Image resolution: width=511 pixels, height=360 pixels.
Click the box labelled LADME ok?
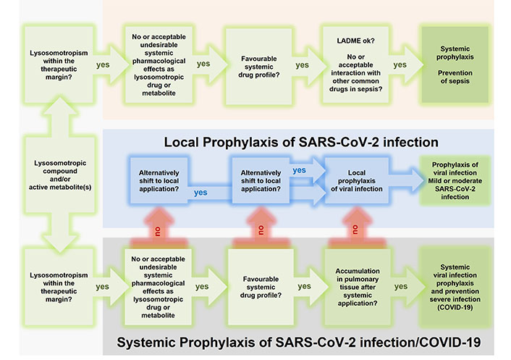coord(355,65)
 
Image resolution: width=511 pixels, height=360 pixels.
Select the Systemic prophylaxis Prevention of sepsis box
coord(455,65)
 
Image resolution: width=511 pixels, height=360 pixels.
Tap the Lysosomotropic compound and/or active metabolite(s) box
coord(60,175)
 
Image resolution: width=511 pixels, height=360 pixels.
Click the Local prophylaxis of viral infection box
coord(357,180)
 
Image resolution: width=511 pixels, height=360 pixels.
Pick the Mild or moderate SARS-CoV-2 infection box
coord(455,180)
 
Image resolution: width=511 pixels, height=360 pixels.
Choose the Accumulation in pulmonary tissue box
coord(358,287)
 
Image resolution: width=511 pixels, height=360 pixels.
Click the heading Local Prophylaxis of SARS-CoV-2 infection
coord(301,142)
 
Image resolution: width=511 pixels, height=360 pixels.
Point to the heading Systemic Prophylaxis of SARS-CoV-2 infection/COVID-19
coord(298,343)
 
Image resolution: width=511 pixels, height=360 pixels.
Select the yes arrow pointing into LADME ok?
coord(308,65)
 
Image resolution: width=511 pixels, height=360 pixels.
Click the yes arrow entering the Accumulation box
coord(311,286)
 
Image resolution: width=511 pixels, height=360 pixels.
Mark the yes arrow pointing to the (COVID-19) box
coord(407,286)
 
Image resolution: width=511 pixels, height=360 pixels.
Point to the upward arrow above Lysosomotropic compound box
coord(60,117)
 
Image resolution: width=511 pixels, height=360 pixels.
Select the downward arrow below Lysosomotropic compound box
coord(60,233)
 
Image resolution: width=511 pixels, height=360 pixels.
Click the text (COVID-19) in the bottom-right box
coord(455,307)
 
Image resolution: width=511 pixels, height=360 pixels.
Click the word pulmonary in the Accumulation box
coord(358,279)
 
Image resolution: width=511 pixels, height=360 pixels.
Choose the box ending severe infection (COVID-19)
coord(455,287)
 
